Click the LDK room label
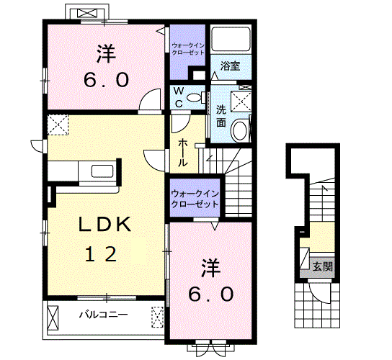pyautogui.click(x=105, y=225)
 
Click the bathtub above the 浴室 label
pyautogui.click(x=230, y=40)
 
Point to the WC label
pyautogui.click(x=176, y=97)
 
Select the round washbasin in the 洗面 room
pyautogui.click(x=241, y=129)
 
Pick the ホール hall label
pyautogui.click(x=183, y=151)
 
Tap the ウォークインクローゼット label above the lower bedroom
pyautogui.click(x=195, y=198)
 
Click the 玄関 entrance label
pyautogui.click(x=321, y=266)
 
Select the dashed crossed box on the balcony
pyautogui.click(x=158, y=315)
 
